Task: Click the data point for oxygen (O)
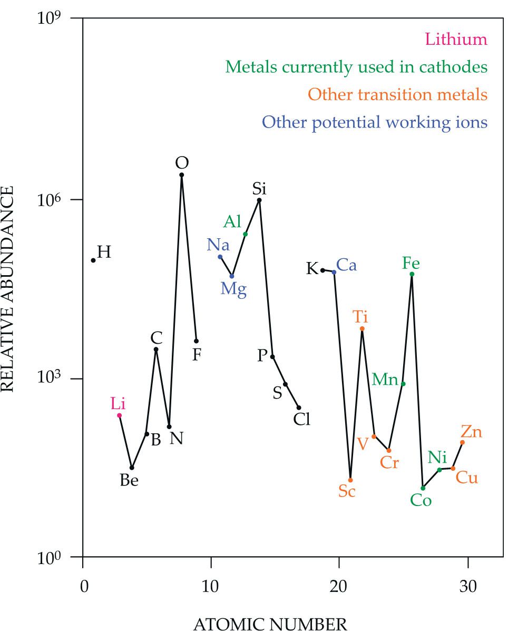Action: [x=182, y=175]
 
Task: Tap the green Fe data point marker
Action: [x=412, y=274]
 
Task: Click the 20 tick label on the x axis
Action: [x=339, y=572]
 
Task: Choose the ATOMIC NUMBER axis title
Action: [x=270, y=624]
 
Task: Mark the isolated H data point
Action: [x=93, y=260]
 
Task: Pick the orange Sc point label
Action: [x=347, y=491]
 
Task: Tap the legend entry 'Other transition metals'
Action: [x=397, y=95]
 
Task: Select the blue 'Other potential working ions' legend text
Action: [x=375, y=122]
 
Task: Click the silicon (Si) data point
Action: [x=259, y=200]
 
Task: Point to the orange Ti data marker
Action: [x=362, y=329]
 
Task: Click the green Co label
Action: [x=421, y=500]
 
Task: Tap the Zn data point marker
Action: [x=463, y=442]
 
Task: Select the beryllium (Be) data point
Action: [x=132, y=468]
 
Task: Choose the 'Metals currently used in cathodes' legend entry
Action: [x=356, y=67]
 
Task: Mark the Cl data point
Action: [x=299, y=407]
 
